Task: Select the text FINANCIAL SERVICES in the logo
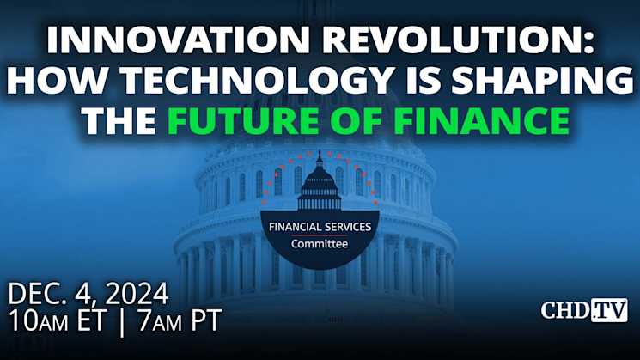pyautogui.click(x=320, y=226)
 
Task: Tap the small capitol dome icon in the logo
pyautogui.click(x=320, y=182)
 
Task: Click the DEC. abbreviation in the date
pyautogui.click(x=40, y=294)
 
